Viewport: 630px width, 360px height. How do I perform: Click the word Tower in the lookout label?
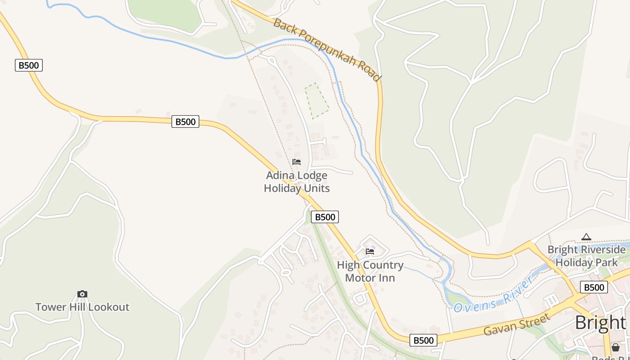pyautogui.click(x=50, y=307)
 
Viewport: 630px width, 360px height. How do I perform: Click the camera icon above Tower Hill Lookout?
pyautogui.click(x=82, y=294)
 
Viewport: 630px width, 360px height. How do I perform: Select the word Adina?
pyautogui.click(x=279, y=175)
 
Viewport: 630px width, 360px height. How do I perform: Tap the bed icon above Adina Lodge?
pyautogui.click(x=297, y=162)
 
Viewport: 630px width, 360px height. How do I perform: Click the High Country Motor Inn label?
pyautogui.click(x=370, y=271)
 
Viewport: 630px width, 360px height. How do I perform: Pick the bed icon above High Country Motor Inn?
pyautogui.click(x=370, y=251)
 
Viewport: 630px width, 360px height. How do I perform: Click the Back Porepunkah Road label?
pyautogui.click(x=327, y=49)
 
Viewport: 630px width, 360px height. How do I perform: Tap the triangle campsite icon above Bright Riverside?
pyautogui.click(x=586, y=237)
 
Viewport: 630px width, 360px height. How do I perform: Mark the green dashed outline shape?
pyautogui.click(x=317, y=101)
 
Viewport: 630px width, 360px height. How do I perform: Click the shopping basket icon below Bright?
pyautogui.click(x=615, y=347)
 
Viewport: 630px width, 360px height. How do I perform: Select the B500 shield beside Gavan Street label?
pyautogui.click(x=423, y=340)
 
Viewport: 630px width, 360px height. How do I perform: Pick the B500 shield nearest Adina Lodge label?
pyautogui.click(x=325, y=217)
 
